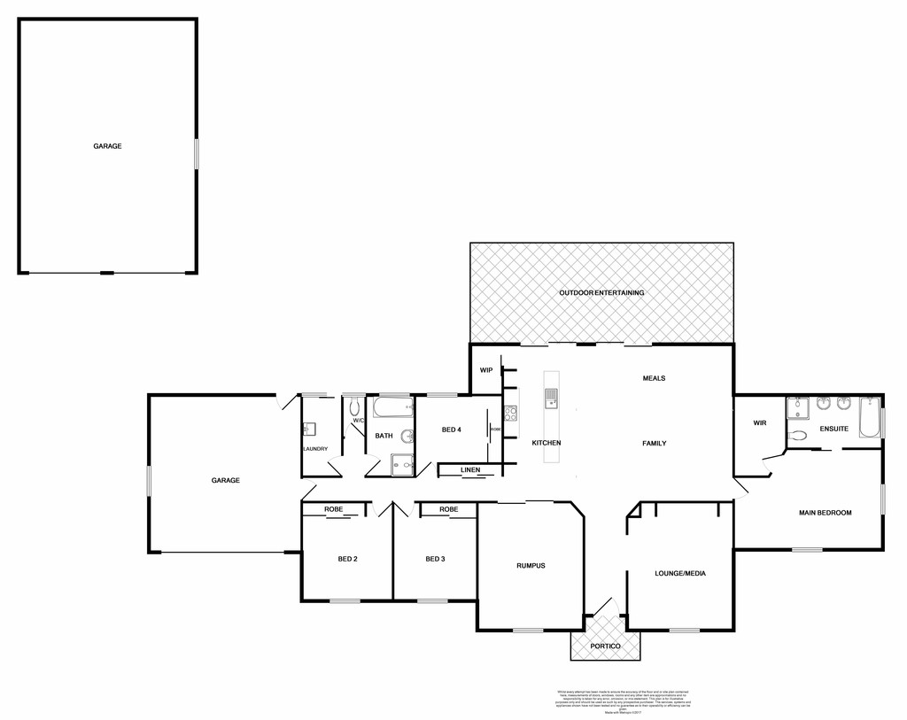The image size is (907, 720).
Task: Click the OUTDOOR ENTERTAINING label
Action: (x=601, y=292)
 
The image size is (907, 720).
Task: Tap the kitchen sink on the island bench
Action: (x=551, y=399)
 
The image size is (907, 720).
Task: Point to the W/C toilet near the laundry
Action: (x=354, y=406)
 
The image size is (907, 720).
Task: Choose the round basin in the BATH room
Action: (x=407, y=436)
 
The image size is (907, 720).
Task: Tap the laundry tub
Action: (x=309, y=430)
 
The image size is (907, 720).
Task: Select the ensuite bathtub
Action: (x=868, y=416)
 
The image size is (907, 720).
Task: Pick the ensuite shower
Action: (x=798, y=408)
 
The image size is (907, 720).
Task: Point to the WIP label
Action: (x=485, y=370)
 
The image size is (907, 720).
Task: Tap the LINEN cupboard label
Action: (x=470, y=469)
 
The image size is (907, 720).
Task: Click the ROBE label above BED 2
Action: (x=333, y=509)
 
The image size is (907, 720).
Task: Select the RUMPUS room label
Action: (x=531, y=565)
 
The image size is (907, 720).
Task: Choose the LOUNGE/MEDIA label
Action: (x=680, y=573)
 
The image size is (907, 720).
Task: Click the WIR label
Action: (x=759, y=423)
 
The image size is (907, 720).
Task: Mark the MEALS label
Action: (x=654, y=378)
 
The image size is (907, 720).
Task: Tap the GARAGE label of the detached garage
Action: (x=107, y=146)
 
